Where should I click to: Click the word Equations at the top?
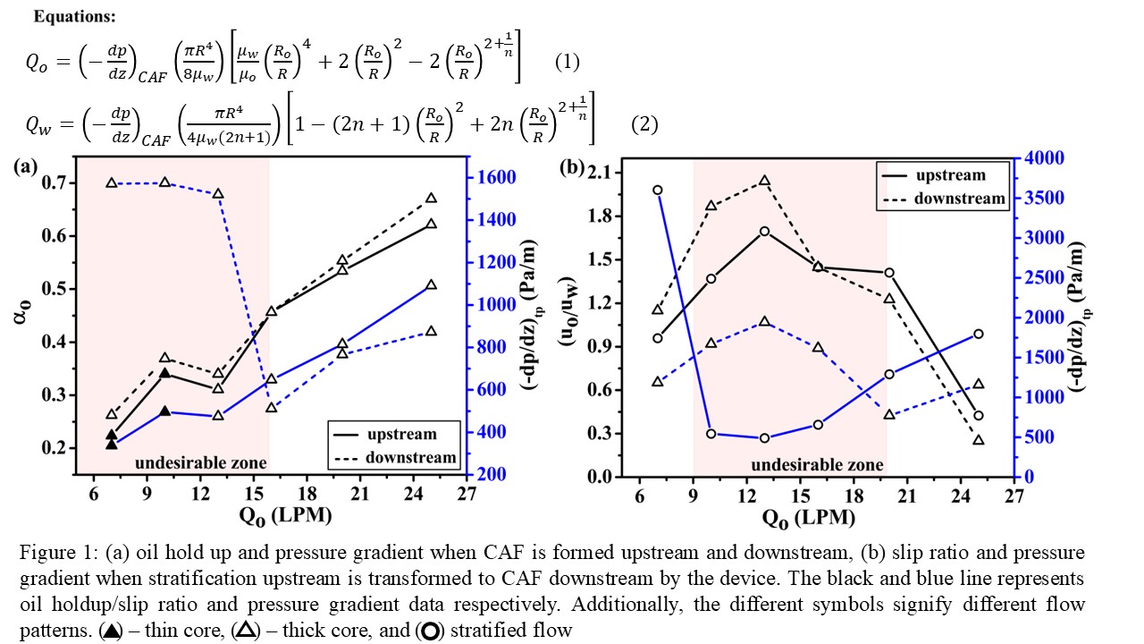[x=64, y=17]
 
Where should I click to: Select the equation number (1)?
[x=568, y=62]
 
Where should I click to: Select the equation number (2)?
[x=644, y=125]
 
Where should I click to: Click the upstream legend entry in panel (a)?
[x=402, y=435]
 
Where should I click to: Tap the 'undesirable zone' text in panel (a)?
[x=200, y=462]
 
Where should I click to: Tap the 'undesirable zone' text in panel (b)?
[x=817, y=465]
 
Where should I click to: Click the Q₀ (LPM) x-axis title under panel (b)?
[x=810, y=519]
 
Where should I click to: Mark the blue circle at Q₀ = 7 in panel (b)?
[x=657, y=190]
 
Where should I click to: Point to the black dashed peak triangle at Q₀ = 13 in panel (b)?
[x=764, y=181]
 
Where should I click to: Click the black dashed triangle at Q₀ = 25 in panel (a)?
[x=431, y=199]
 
